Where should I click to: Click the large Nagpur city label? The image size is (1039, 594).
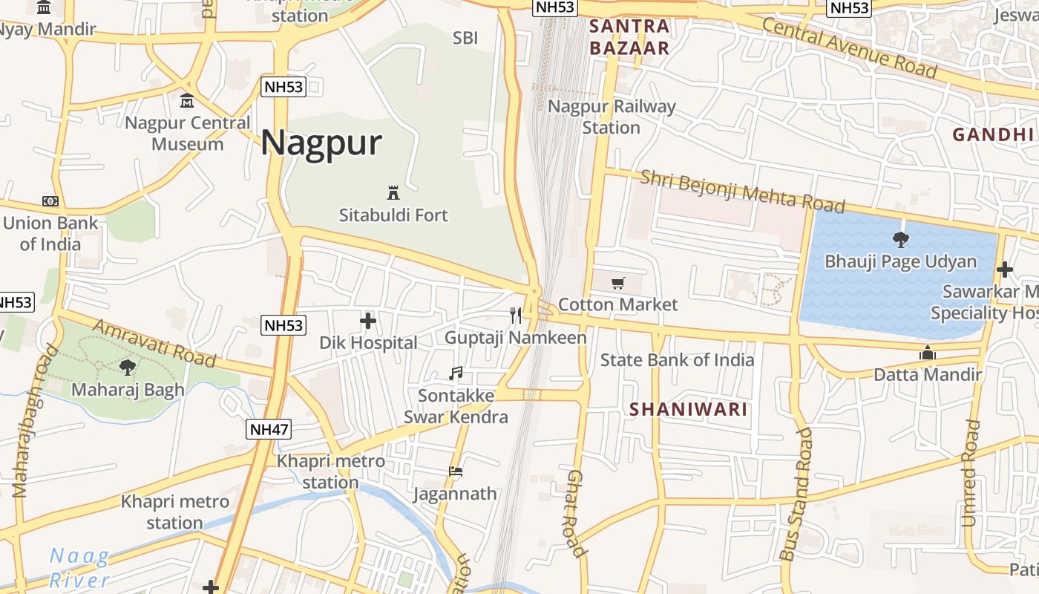[321, 143]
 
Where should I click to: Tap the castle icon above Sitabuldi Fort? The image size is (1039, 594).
[393, 193]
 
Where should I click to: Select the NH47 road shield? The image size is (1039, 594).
[269, 429]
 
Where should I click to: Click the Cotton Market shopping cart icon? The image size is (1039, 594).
[617, 283]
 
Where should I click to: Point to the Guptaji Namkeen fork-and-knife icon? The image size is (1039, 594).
[517, 316]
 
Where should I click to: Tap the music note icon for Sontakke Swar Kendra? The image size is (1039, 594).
[456, 373]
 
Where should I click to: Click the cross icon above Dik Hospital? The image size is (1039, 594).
[368, 321]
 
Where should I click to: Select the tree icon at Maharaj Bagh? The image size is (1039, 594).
[128, 367]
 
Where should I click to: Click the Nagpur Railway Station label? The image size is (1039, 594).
[612, 117]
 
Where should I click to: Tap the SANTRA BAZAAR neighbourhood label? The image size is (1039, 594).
[629, 38]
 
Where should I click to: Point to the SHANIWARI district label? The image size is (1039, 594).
[688, 409]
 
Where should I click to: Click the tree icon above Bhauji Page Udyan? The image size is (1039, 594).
[901, 239]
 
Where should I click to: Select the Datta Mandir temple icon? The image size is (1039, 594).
[927, 354]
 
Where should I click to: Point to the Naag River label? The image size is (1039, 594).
[79, 568]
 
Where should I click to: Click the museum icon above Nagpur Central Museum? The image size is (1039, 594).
[187, 100]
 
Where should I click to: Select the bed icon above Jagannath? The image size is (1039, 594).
[456, 471]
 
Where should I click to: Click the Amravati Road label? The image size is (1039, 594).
[154, 343]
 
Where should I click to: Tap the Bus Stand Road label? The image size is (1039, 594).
[797, 494]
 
